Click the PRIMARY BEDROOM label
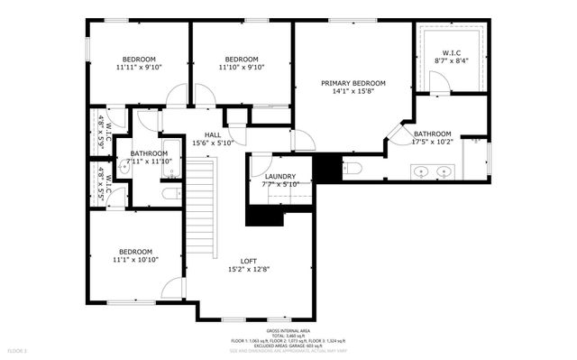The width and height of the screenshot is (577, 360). [x=353, y=83]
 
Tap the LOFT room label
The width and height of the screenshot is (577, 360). [x=248, y=261]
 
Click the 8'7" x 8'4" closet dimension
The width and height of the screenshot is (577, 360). [x=452, y=61]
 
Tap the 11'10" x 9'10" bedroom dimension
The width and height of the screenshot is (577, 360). [x=242, y=67]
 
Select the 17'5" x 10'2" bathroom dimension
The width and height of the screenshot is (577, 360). [x=432, y=142]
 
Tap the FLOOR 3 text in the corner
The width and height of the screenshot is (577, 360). [x=18, y=349]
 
